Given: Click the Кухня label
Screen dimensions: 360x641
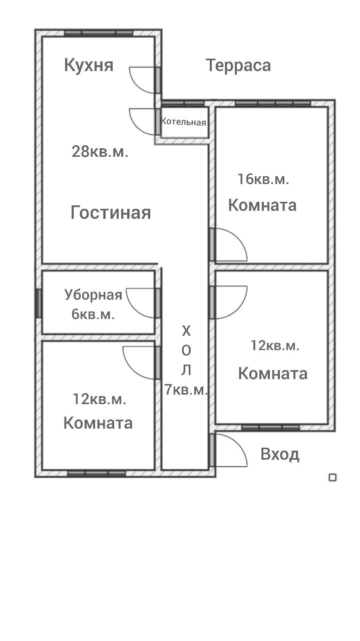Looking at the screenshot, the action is click(89, 65).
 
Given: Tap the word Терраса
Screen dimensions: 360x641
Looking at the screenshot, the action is click(238, 65).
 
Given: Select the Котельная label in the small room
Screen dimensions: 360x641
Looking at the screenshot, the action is click(183, 122).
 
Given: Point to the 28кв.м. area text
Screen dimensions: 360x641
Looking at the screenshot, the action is click(100, 151).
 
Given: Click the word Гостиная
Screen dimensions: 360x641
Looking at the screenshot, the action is click(111, 213).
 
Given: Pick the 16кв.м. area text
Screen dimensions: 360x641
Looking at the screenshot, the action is click(263, 179).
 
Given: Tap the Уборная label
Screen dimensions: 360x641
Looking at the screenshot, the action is click(93, 295).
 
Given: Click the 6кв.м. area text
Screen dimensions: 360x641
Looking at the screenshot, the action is click(93, 314).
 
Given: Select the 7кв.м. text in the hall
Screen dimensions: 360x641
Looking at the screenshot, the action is click(186, 390).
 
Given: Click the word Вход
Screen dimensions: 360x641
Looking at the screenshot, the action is click(280, 454).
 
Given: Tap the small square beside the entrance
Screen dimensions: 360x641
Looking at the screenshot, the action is click(332, 477).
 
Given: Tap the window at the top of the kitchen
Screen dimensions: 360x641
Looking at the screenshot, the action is click(99, 33).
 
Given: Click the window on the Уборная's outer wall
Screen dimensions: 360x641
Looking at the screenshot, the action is click(39, 303).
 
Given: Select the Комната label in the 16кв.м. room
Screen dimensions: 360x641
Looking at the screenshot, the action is click(262, 205).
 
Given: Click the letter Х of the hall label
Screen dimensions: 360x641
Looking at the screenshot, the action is click(186, 331).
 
